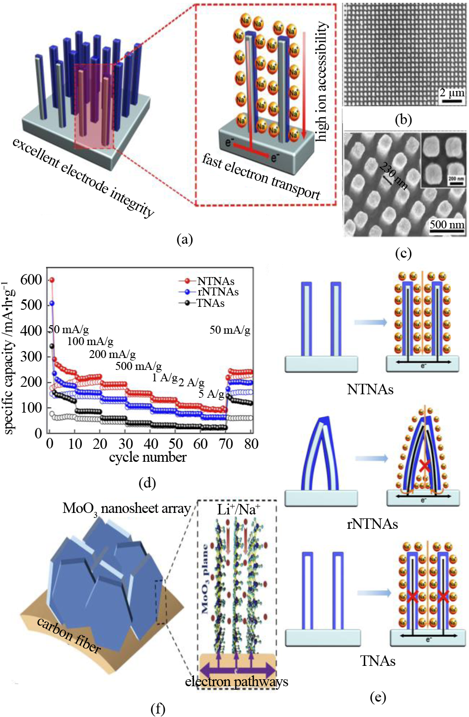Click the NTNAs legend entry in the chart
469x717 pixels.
point(215,282)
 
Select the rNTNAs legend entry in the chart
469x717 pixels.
point(218,292)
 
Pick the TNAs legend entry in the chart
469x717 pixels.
point(210,303)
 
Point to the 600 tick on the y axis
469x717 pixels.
point(31,280)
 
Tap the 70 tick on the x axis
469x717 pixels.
point(226,444)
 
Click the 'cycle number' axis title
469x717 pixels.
point(148,457)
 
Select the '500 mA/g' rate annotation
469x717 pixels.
point(138,366)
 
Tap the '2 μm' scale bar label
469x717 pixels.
point(452,92)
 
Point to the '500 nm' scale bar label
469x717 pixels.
point(447,224)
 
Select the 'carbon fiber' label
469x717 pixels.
point(69,635)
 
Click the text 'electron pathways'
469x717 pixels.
point(236,682)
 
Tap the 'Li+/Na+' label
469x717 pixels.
point(239,510)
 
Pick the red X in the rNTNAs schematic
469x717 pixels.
point(424,465)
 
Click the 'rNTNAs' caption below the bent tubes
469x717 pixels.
point(372,524)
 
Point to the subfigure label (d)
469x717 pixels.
point(147,483)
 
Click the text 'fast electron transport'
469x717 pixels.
point(261,176)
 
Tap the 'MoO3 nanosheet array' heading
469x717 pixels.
point(127,509)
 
